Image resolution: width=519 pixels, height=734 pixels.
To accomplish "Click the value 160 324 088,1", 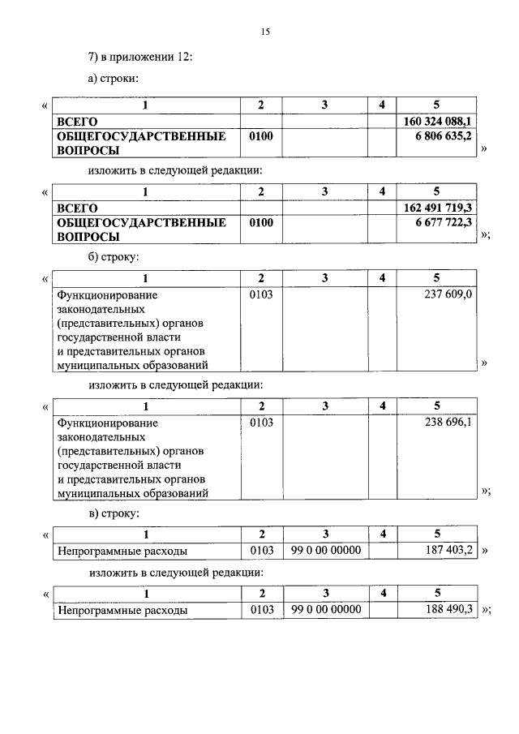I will pos(438,121).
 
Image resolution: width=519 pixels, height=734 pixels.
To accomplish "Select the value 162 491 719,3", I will pos(438,208).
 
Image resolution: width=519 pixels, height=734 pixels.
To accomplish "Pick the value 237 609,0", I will pos(448,294).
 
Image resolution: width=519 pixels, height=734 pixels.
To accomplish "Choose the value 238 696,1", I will pos(448,423).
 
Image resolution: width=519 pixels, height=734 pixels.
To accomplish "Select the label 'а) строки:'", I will pos(114,80).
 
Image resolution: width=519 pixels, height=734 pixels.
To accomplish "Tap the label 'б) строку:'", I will pos(114,257).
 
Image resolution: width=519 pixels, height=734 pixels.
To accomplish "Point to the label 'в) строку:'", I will pos(114,513).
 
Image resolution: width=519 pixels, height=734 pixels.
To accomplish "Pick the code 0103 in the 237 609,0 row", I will pos(261,294).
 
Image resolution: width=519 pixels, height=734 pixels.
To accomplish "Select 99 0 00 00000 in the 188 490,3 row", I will pos(324,608).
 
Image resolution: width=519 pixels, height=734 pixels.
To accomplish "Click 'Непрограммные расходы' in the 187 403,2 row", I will pos(122,551).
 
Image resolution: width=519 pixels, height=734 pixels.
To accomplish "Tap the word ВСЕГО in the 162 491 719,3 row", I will pos(77,208).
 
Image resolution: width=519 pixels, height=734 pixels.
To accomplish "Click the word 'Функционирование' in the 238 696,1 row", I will pos(106,423).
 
